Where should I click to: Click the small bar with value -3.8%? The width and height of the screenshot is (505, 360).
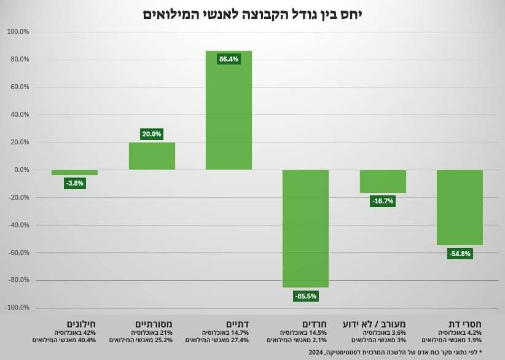[74, 173]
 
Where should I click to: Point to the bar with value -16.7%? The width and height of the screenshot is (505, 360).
[382, 181]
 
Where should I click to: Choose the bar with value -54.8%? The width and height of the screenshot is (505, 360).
[460, 207]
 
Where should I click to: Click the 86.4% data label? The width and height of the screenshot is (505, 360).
[229, 59]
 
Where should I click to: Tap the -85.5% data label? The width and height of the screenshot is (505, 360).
[305, 296]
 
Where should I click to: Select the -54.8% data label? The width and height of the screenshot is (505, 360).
[460, 254]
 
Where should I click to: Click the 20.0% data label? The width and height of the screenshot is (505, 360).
[151, 134]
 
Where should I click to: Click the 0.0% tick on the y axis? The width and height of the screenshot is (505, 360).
[21, 170]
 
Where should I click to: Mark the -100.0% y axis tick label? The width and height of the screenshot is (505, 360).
[17, 308]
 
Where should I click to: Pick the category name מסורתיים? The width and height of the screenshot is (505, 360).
[154, 324]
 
